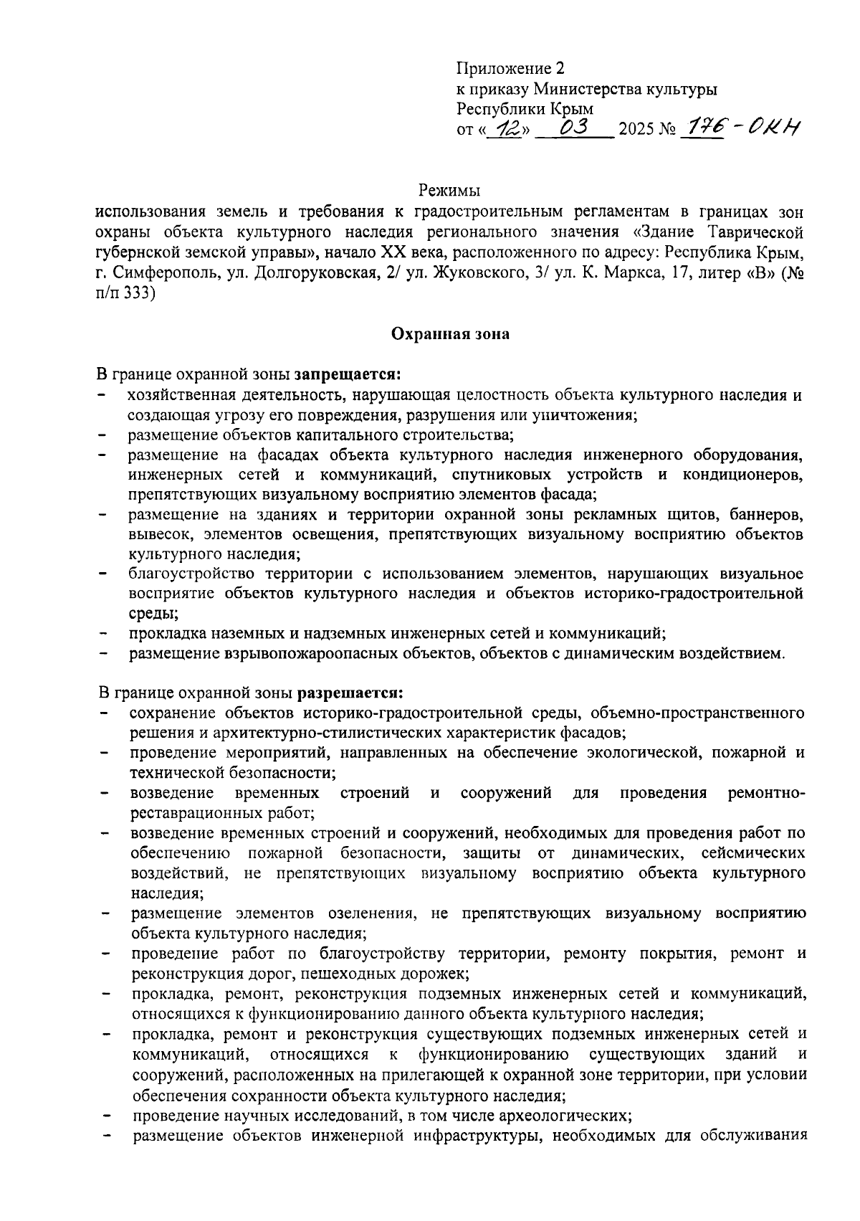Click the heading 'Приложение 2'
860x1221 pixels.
(x=511, y=69)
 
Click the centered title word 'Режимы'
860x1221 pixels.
(x=449, y=191)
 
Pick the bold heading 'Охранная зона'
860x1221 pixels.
(x=450, y=333)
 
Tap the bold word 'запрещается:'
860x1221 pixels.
(x=347, y=374)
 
